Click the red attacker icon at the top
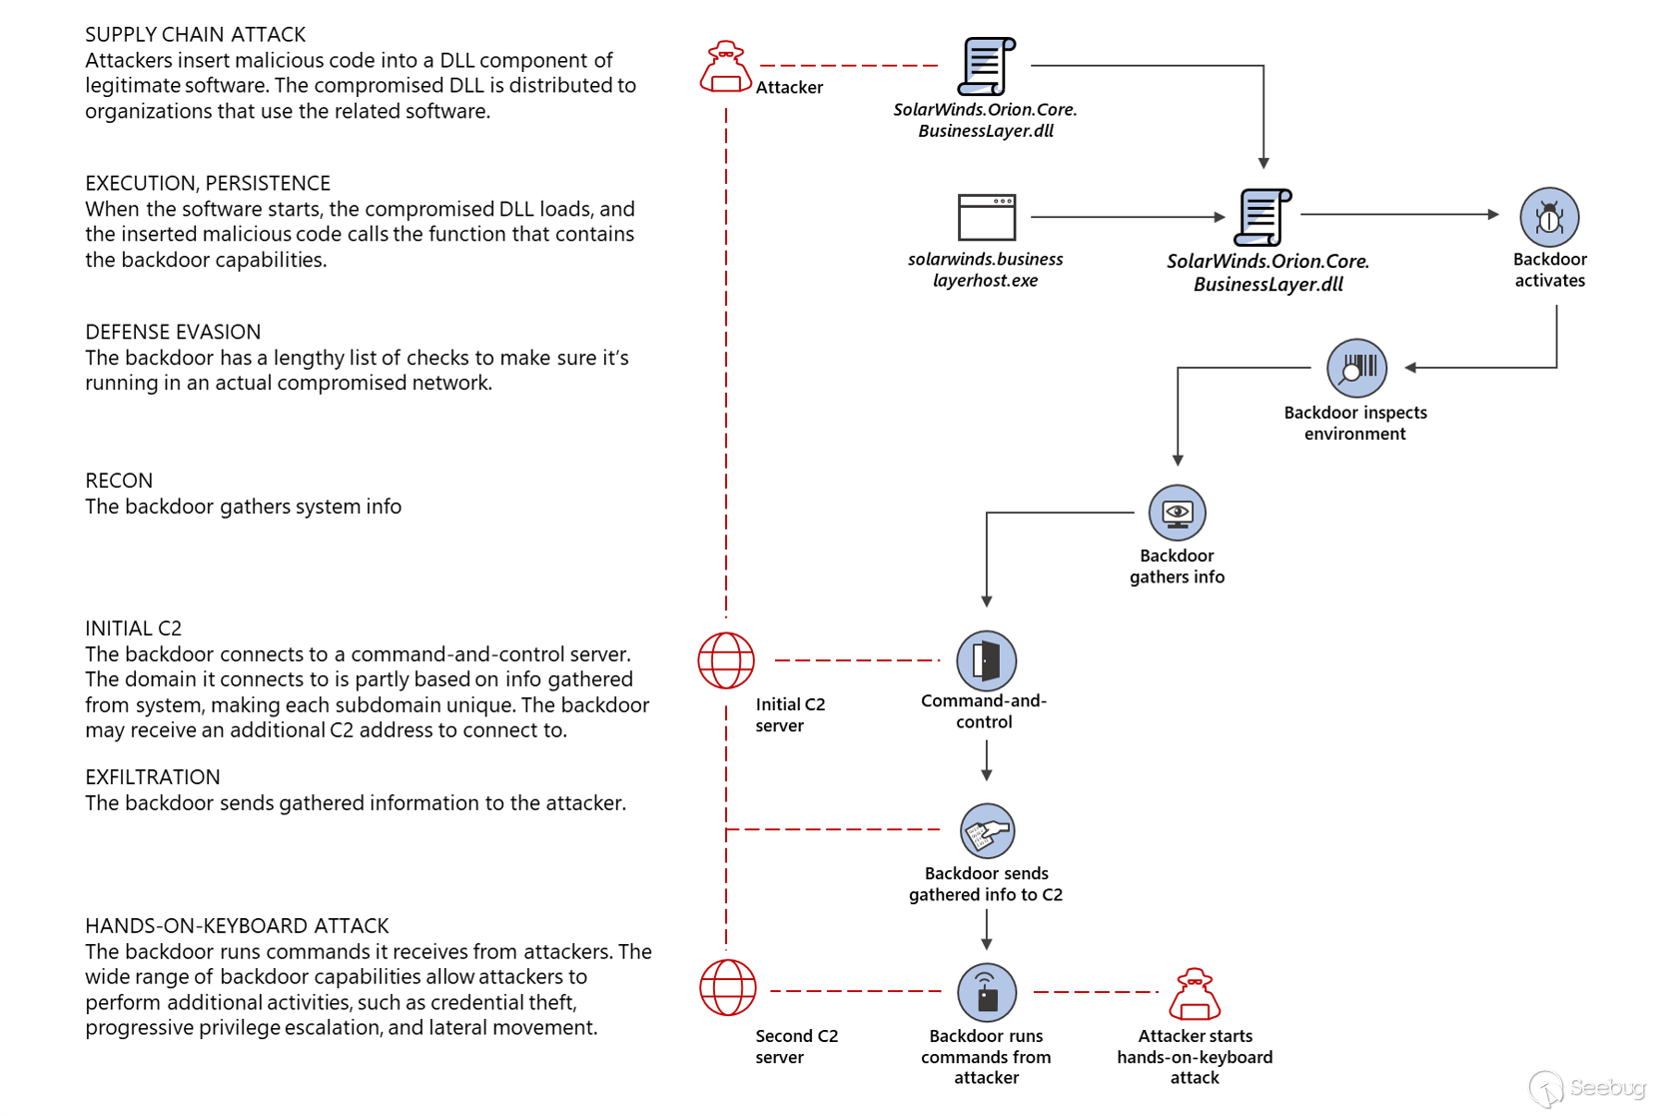725,67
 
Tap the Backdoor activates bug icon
1548,217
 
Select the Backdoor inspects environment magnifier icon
1355,368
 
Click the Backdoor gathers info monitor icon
1177,513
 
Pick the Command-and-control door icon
986,659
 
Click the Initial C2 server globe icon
726,660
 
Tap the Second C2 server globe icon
727,988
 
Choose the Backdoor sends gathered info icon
987,830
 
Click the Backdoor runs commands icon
986,992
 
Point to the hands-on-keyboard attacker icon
1195,993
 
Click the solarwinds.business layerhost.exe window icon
986,217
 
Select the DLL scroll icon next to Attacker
986,66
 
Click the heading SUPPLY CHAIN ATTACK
196,35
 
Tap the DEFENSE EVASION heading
173,332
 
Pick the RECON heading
119,481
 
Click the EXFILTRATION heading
153,777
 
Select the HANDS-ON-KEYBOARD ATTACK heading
237,926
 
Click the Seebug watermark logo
1587,1088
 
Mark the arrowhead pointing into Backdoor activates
1493,214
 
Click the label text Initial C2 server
790,714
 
